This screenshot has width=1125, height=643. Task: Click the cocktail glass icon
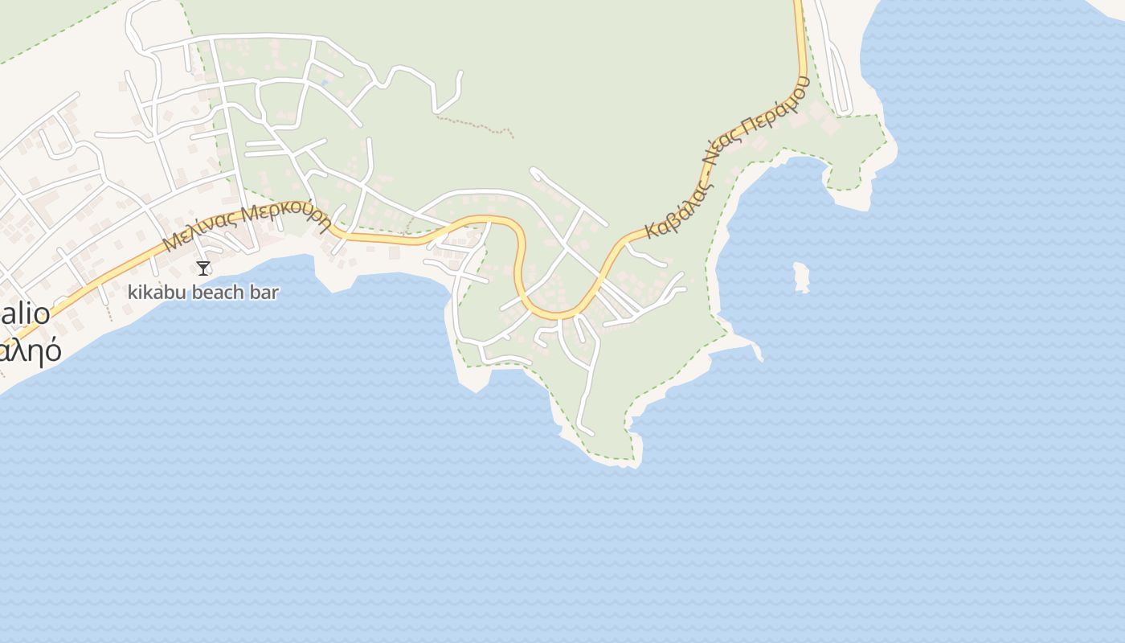click(x=203, y=268)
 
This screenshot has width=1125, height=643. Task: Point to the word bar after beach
click(x=264, y=292)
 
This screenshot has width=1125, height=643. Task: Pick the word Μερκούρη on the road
click(x=287, y=215)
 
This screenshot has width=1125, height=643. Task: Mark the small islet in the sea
click(x=800, y=277)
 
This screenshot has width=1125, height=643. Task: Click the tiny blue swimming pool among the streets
click(x=324, y=82)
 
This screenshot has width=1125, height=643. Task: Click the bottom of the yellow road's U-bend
click(x=554, y=313)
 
